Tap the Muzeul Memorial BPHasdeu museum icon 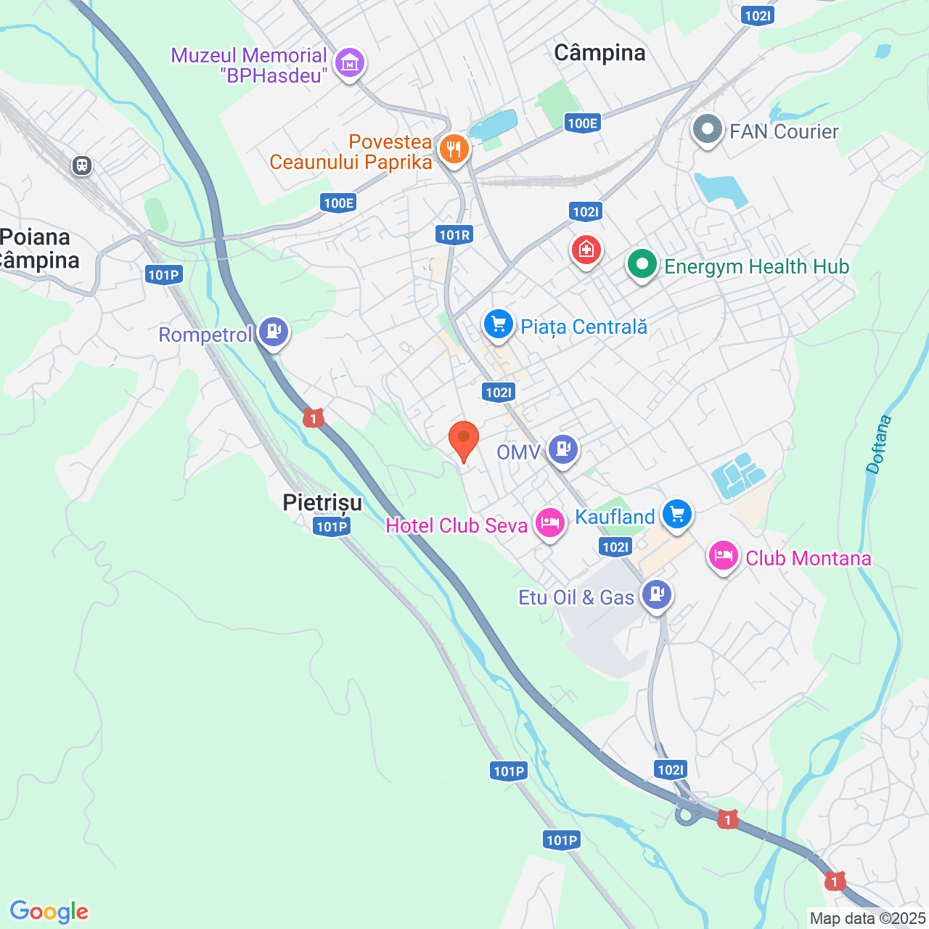click(x=351, y=63)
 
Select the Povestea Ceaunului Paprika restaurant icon click(x=454, y=150)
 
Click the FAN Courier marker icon click(x=707, y=131)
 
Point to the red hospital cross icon click(x=586, y=250)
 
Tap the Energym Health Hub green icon click(x=642, y=266)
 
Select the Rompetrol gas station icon click(x=274, y=332)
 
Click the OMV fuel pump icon click(x=563, y=450)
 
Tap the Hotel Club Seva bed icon click(x=550, y=523)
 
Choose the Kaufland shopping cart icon click(x=677, y=515)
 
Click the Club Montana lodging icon click(x=723, y=556)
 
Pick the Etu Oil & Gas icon click(x=657, y=595)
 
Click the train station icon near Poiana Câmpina click(x=82, y=166)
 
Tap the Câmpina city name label click(x=599, y=53)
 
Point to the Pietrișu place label click(x=322, y=502)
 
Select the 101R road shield click(x=455, y=234)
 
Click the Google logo click(x=49, y=912)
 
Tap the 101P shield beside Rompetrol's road click(x=163, y=274)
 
